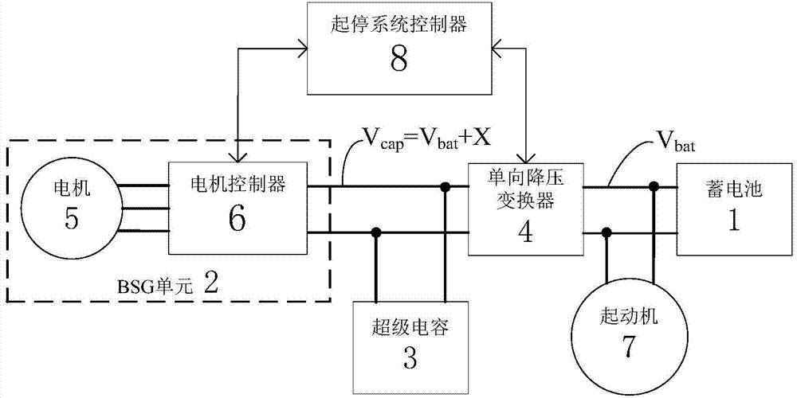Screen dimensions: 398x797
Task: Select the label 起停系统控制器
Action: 399,27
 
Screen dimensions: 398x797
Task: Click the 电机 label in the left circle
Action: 71,190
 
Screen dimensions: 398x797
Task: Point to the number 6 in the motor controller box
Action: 238,219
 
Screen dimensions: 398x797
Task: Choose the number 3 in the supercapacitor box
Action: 410,357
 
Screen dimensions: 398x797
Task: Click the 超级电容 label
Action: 410,327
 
